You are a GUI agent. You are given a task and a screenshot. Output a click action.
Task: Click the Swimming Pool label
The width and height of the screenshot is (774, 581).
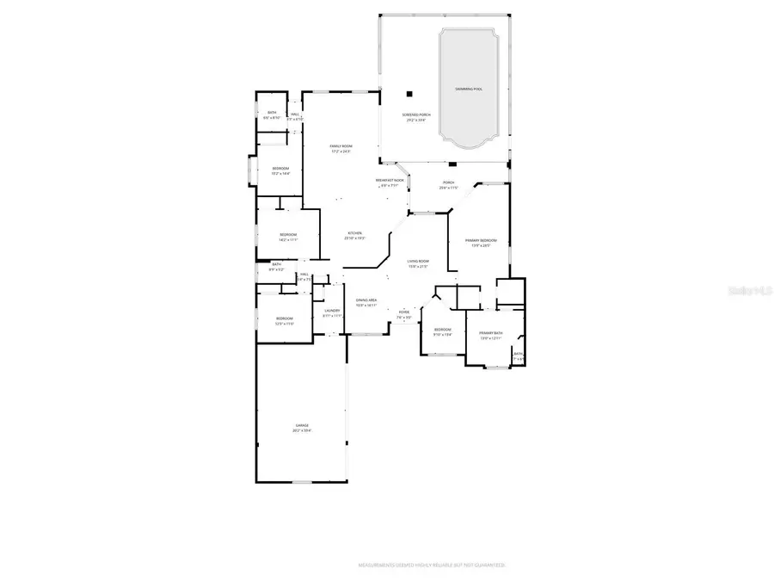click(x=469, y=90)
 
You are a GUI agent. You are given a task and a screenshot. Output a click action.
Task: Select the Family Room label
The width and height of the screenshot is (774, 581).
click(x=341, y=148)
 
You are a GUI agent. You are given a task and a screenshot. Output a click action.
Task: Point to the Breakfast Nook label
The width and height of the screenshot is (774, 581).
click(x=389, y=182)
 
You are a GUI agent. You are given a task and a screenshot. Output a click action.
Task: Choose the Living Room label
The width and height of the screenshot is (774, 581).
click(x=418, y=263)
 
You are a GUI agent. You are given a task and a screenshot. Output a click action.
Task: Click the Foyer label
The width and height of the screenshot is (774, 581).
click(x=404, y=313)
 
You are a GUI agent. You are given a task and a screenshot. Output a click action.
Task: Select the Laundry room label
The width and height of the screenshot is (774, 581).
click(x=332, y=312)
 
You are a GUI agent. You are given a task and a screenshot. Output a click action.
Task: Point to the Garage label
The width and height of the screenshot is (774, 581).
click(x=302, y=427)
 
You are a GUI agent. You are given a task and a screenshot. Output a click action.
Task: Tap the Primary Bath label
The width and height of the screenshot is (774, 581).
click(x=491, y=335)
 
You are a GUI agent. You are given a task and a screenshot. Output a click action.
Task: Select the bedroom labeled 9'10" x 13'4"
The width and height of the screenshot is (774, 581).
click(x=443, y=332)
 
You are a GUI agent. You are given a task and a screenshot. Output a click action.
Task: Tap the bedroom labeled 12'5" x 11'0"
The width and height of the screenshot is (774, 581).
click(x=284, y=321)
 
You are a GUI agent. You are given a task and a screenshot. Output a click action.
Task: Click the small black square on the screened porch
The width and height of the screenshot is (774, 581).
click(x=411, y=93)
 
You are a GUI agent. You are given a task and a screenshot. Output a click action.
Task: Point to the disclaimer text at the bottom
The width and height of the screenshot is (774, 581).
click(x=432, y=566)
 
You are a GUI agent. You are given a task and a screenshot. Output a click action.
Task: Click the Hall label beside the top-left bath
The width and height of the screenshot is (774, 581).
click(x=295, y=115)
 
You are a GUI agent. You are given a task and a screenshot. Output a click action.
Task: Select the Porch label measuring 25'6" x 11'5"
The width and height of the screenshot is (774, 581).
click(x=448, y=184)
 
